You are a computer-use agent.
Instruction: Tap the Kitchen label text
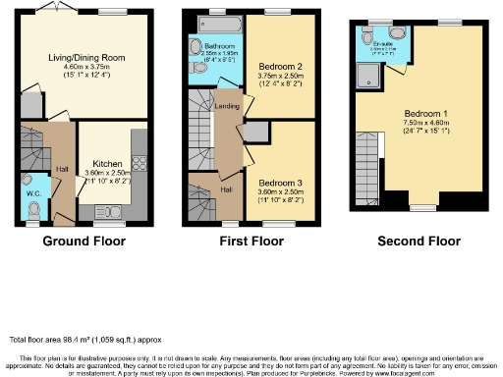pyautogui.click(x=106, y=164)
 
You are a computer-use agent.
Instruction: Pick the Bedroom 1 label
pyautogui.click(x=424, y=113)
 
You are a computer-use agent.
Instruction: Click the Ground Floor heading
pyautogui.click(x=83, y=241)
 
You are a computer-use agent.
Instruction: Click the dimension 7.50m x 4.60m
pyautogui.click(x=424, y=122)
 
